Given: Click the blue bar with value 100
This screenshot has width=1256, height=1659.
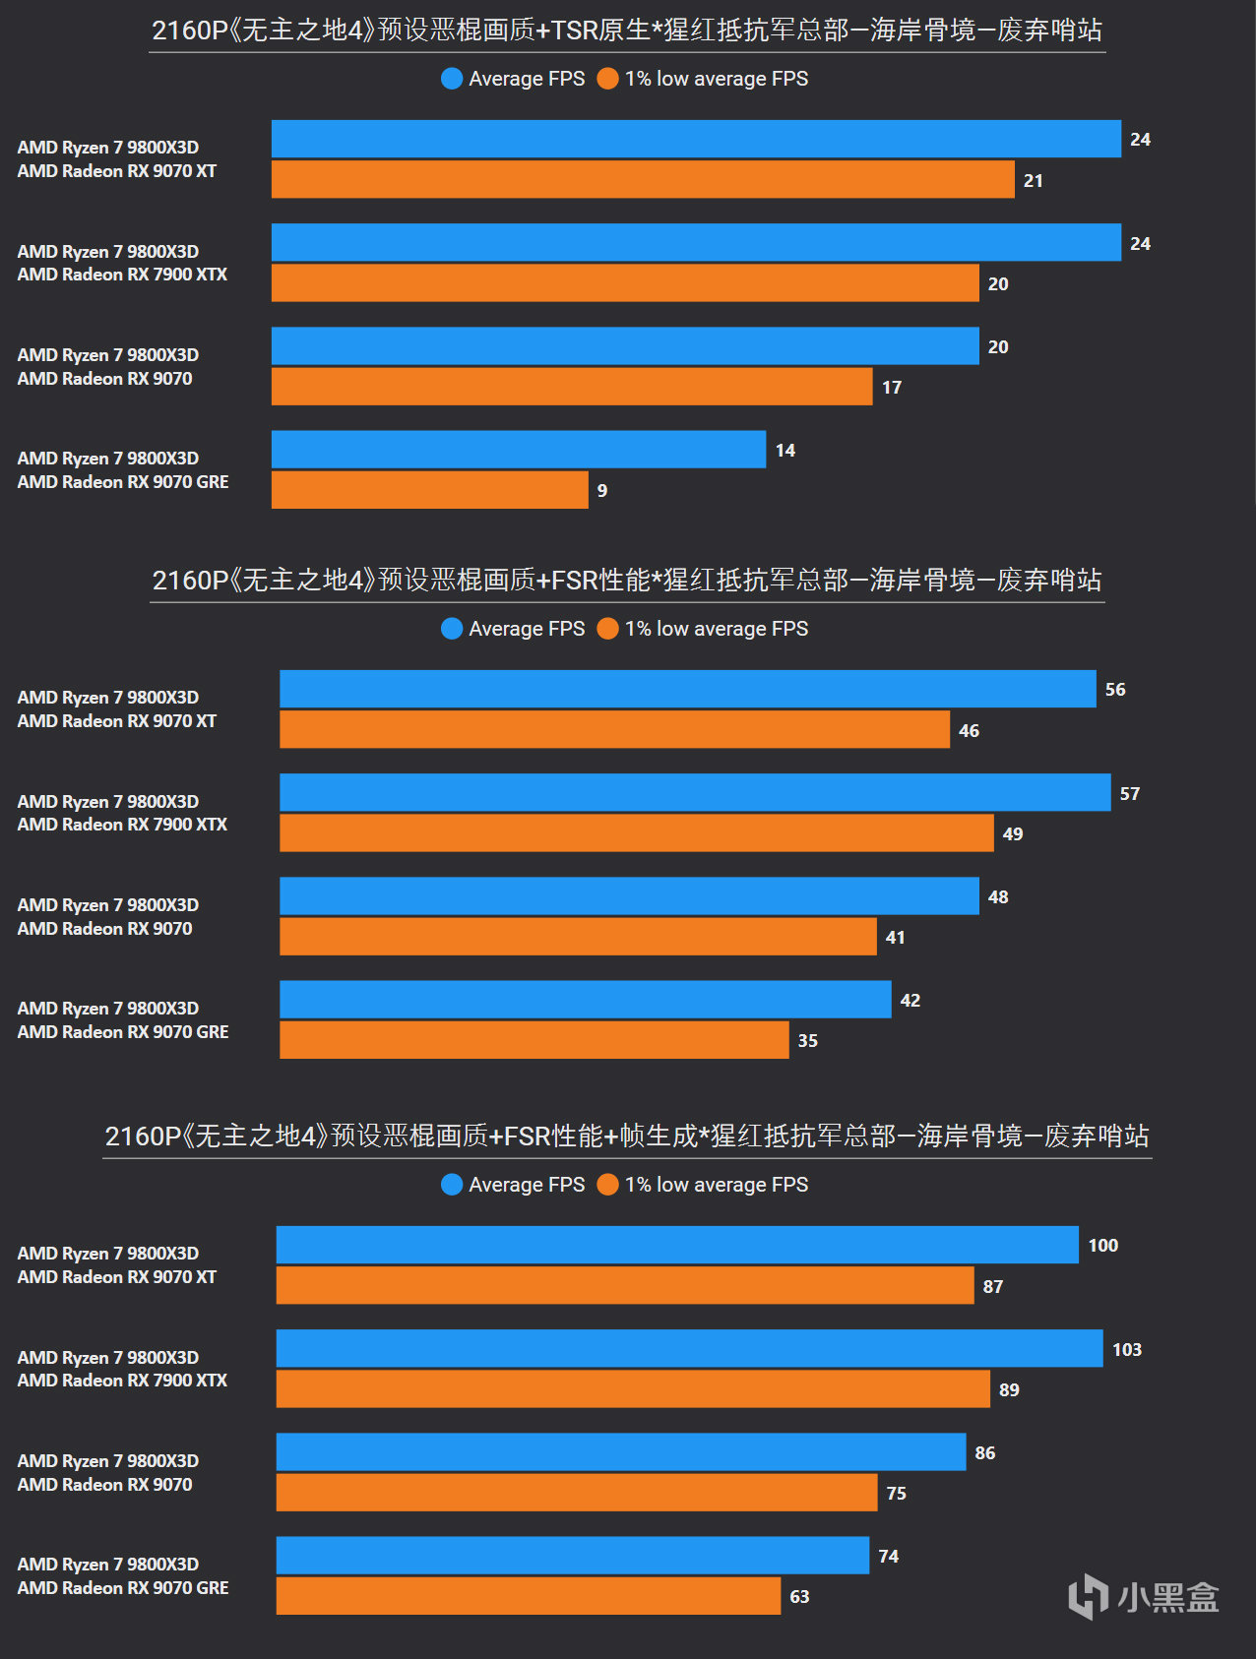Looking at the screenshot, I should pos(677,1245).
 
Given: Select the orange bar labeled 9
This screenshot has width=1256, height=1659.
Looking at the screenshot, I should pos(429,490).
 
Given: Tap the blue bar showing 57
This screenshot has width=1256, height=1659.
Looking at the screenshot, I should pos(695,792).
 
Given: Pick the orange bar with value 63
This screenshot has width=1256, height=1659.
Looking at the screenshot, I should pos(528,1595).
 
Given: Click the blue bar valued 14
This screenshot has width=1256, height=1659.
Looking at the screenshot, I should pos(518,449).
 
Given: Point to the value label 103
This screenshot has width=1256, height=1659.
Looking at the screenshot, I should pos(1127,1349).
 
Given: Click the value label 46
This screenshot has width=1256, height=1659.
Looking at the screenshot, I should pos(969,730).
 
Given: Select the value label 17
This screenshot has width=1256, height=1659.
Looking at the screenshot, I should pos(892,387).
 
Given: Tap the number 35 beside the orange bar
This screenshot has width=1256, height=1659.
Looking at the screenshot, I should pos(807,1040).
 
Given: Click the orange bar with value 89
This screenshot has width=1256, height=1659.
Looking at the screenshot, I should pos(633,1388).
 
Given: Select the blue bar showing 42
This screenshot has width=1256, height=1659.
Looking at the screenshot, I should pos(585,999).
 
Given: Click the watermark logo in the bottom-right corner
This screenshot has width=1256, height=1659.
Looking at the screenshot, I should pos(1144,1595).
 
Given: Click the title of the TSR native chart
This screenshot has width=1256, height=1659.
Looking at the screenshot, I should pos(627,31).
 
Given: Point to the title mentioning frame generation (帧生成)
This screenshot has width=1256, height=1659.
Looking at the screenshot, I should pos(627,1137).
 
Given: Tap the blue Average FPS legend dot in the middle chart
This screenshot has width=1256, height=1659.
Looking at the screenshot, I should pos(452,629).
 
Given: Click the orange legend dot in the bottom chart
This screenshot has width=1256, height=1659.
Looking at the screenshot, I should pos(608,1185).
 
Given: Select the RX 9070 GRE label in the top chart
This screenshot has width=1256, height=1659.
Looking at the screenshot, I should pos(123,482).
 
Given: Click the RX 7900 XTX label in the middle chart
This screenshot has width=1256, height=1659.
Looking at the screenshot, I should pos(122,825).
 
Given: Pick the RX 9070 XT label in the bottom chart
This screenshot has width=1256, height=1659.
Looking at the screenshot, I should pos(117,1277).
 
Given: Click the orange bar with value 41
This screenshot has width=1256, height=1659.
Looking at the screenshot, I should pos(578,936).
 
